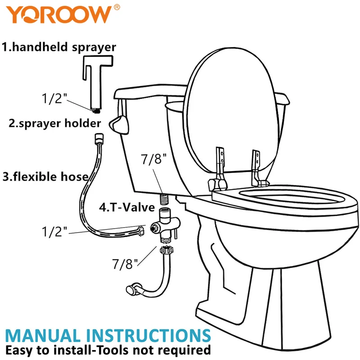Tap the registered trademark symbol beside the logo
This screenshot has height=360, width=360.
[x=117, y=7]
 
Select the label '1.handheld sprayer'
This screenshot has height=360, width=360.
[x=59, y=47]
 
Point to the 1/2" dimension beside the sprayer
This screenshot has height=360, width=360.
[x=54, y=99]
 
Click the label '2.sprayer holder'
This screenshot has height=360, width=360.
[x=54, y=123]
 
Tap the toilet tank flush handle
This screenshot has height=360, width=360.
[x=119, y=125]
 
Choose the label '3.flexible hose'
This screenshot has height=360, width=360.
[x=45, y=177]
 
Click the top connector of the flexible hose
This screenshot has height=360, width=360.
[x=99, y=138]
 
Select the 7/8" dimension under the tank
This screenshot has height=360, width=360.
[x=153, y=159]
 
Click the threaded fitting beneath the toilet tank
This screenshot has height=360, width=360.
[x=164, y=199]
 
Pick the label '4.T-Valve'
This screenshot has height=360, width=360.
[x=127, y=207]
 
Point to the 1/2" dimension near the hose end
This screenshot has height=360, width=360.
[x=54, y=231]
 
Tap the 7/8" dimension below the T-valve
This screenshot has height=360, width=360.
[x=125, y=264]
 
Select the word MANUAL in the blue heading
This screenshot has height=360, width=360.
[x=42, y=336]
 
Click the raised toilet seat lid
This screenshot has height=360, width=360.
[x=232, y=110]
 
